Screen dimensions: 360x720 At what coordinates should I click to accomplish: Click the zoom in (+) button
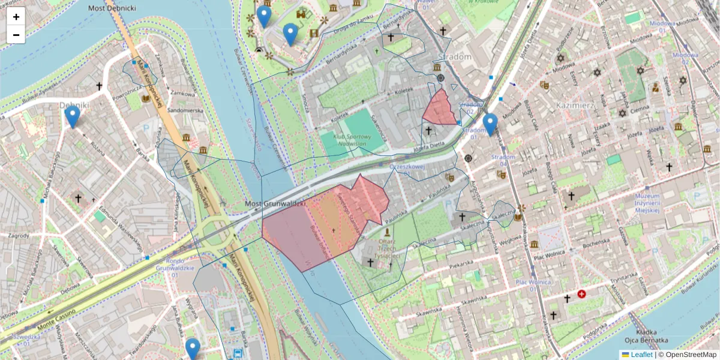16,16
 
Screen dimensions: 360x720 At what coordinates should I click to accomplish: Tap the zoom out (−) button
16,35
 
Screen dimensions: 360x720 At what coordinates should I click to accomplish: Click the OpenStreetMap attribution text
687,355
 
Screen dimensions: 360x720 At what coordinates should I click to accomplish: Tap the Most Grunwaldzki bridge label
275,205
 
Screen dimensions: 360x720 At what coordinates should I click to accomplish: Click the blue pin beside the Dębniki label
73,116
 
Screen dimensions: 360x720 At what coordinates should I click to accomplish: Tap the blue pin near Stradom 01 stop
490,124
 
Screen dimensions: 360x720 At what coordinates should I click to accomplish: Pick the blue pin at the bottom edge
193,349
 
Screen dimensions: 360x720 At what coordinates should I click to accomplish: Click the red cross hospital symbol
581,294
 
